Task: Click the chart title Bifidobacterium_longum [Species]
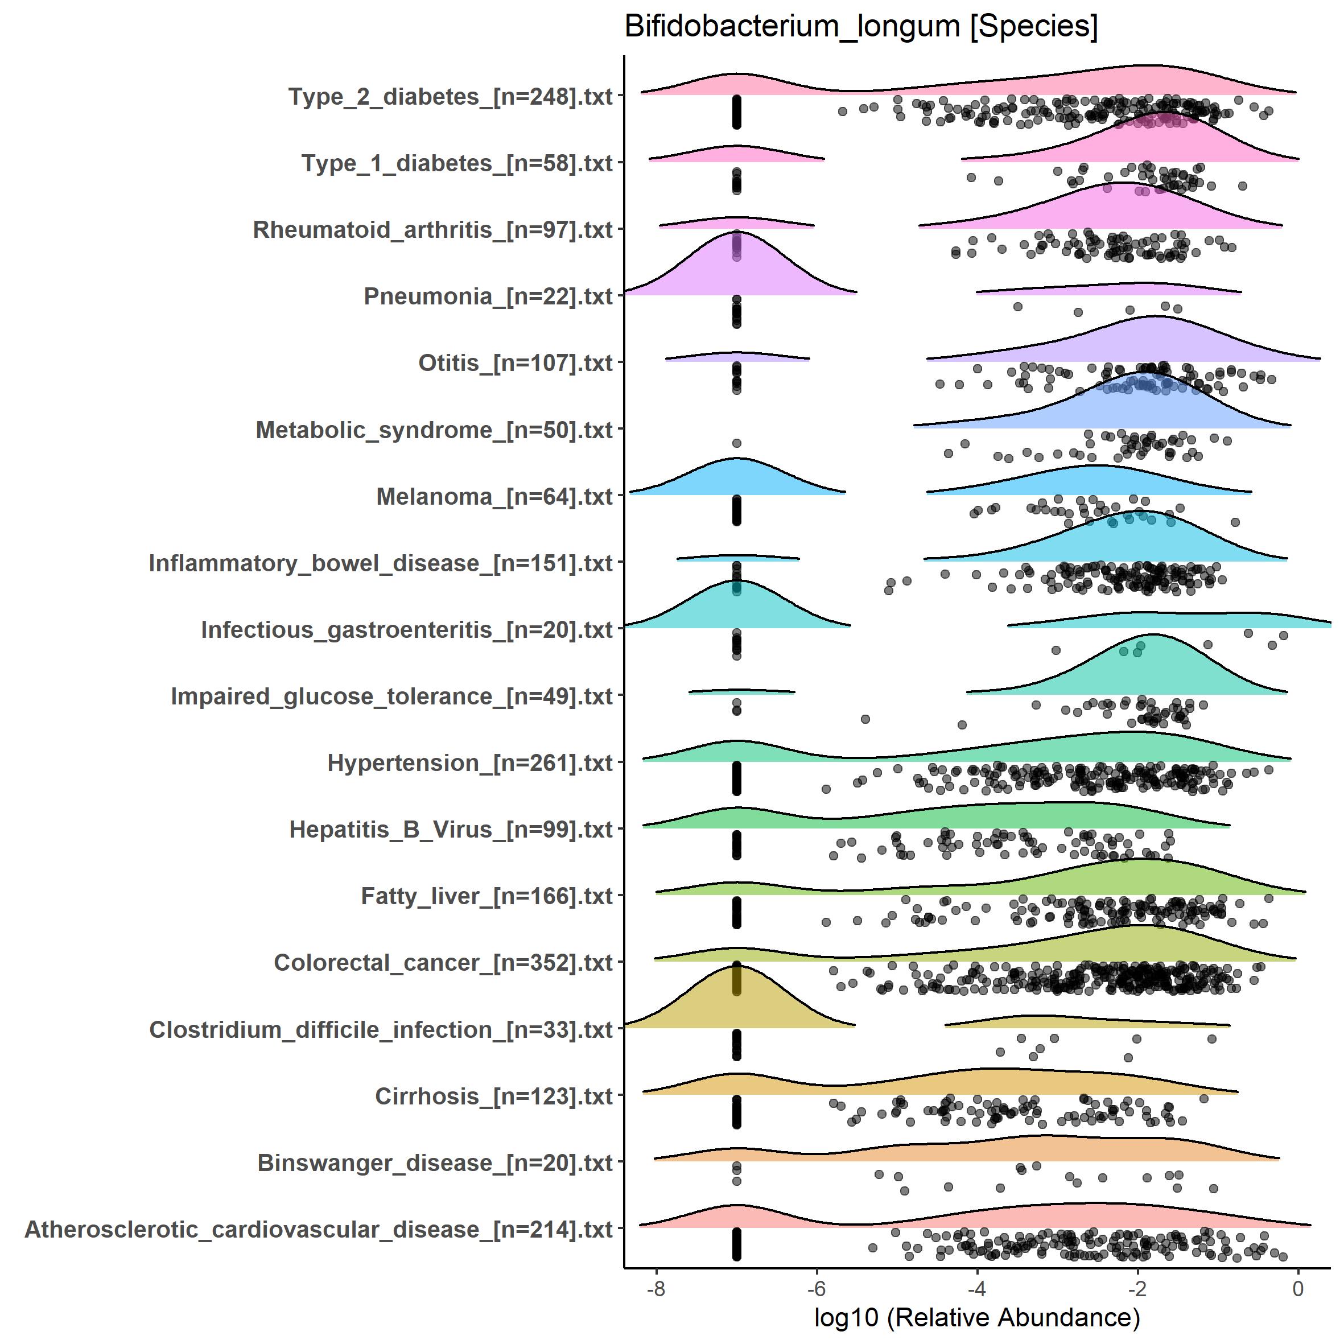(860, 27)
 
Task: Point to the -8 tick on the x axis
(655, 1289)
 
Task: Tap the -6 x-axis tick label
(816, 1289)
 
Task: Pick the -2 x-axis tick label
(1137, 1289)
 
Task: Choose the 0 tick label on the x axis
(1297, 1289)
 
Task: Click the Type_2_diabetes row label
(450, 97)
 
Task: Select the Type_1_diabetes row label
(456, 163)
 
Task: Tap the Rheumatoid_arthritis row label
(432, 229)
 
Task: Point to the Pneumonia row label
(488, 296)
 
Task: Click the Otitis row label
(515, 363)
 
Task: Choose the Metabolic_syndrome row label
(434, 430)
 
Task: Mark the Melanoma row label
(494, 497)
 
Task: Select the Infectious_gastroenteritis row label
(406, 629)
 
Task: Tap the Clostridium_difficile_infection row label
(381, 1029)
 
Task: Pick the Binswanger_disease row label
(434, 1162)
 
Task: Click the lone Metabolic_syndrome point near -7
(737, 443)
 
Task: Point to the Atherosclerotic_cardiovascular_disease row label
(318, 1229)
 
